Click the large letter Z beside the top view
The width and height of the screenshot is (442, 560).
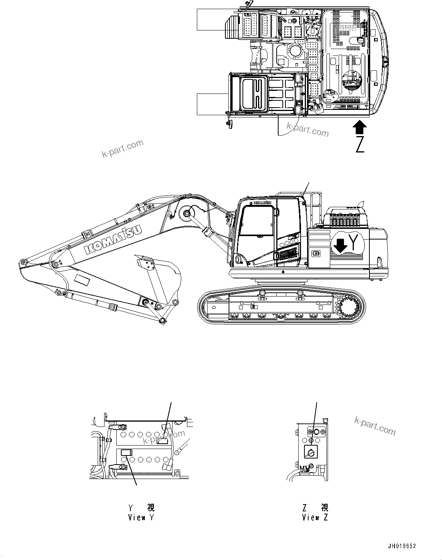[x=360, y=144]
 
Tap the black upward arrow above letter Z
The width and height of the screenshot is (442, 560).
[x=360, y=127]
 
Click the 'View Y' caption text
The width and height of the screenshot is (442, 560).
[x=141, y=517]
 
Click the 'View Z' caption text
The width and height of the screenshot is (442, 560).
[x=315, y=517]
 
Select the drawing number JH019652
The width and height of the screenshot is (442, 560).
[x=402, y=546]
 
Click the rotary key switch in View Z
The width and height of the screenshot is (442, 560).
[x=311, y=452]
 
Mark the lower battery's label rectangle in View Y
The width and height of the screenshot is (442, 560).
[x=126, y=452]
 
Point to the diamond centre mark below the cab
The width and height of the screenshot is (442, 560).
[x=282, y=272]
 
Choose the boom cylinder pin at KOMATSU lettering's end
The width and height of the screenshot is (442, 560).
[x=186, y=214]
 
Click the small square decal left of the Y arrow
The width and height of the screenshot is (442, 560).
[x=315, y=254]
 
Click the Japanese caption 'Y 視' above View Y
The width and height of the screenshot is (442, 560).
[x=141, y=507]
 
